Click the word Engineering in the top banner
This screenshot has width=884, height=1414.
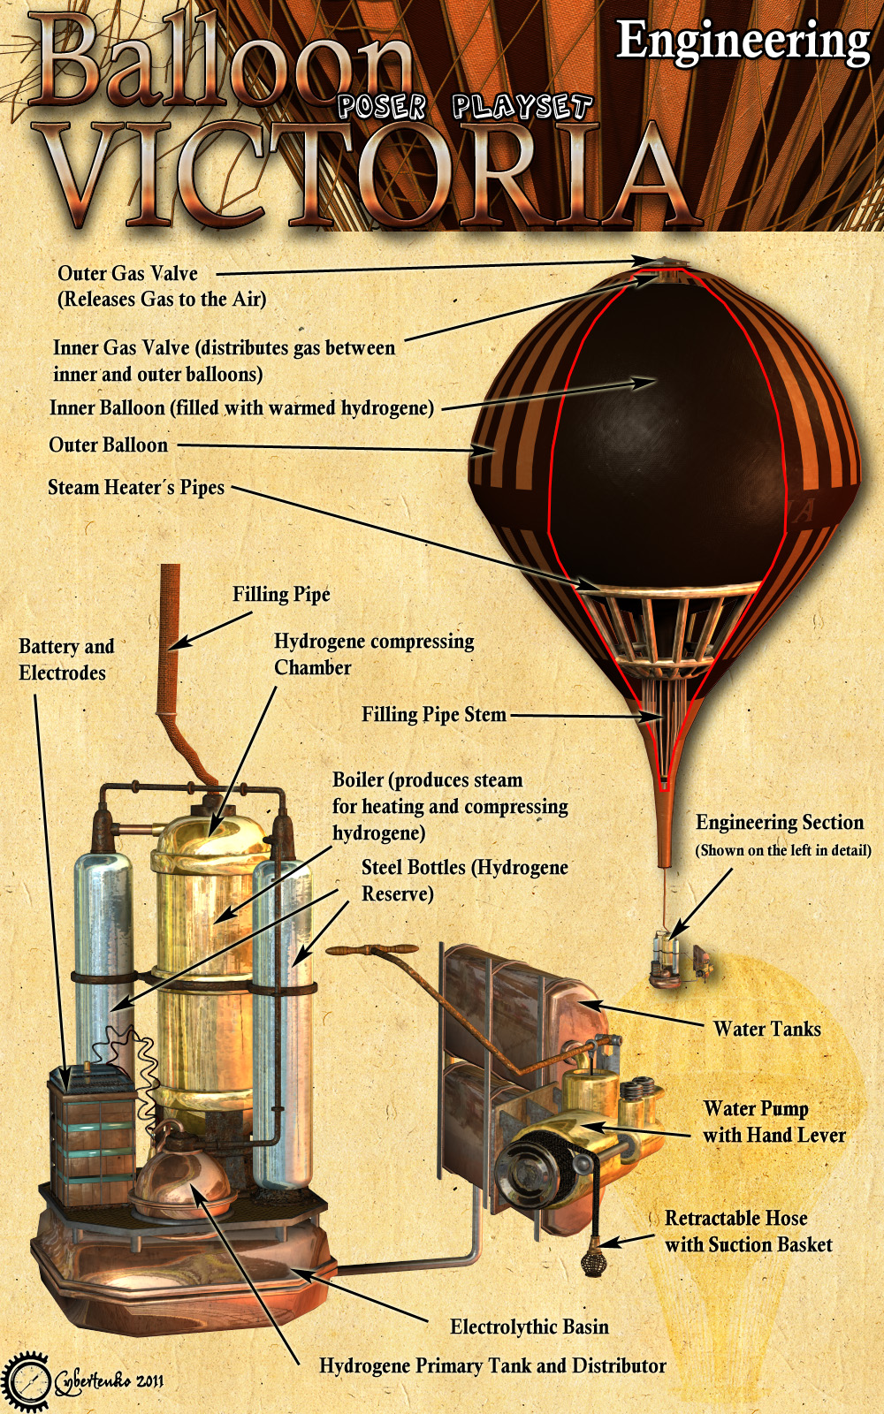point(743,43)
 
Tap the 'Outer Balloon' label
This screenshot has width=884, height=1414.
point(109,445)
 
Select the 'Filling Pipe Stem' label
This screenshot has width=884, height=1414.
point(434,715)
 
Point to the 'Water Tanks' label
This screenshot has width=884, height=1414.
point(767,1029)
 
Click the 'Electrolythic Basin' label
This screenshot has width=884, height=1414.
point(530,1327)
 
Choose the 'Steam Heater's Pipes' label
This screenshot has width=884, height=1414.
point(136,487)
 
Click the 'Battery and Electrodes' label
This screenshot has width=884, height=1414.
point(66,659)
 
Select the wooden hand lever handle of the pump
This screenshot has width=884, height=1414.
point(371,949)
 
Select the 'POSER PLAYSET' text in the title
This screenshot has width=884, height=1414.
point(465,106)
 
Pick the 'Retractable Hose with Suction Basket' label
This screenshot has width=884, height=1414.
point(748,1231)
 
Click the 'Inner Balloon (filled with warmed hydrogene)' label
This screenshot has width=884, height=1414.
point(242,407)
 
